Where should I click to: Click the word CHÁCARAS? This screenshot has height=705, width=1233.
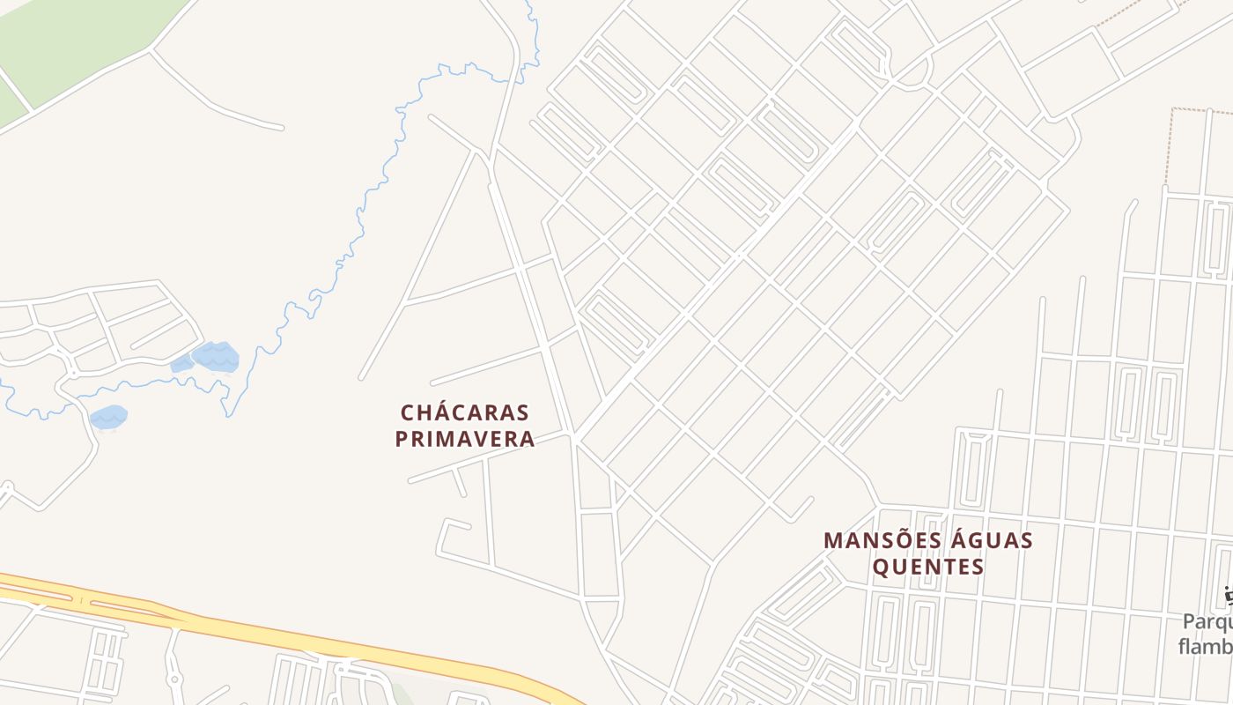click(x=464, y=412)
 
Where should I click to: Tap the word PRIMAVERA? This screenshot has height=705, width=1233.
click(x=464, y=439)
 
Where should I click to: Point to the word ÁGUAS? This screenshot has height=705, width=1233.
click(x=991, y=540)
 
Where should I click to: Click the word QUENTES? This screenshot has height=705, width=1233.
click(x=928, y=567)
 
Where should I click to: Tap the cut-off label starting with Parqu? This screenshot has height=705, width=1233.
click(x=1207, y=622)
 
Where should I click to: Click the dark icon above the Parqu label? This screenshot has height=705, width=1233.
click(x=1228, y=597)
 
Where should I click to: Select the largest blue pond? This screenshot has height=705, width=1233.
click(x=217, y=357)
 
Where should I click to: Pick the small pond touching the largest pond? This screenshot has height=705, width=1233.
click(x=182, y=364)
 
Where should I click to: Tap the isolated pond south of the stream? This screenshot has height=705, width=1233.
click(x=108, y=417)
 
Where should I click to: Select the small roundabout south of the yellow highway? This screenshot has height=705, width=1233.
click(x=174, y=679)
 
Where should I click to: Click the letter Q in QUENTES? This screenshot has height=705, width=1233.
click(x=882, y=567)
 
